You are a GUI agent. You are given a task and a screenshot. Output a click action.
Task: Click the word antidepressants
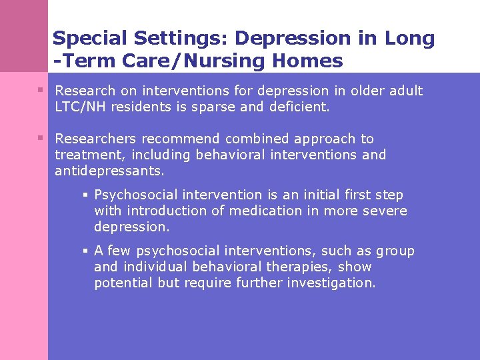coord(109,171)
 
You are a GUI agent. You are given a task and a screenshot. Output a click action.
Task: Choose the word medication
coord(265,211)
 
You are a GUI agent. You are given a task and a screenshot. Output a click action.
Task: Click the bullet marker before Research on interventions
coord(41,90)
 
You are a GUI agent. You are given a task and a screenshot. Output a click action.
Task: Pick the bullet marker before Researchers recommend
coord(41,139)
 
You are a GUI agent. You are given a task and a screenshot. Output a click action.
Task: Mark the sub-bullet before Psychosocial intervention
coord(86,195)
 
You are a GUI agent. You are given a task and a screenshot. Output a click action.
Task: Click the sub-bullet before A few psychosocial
coord(86,251)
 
